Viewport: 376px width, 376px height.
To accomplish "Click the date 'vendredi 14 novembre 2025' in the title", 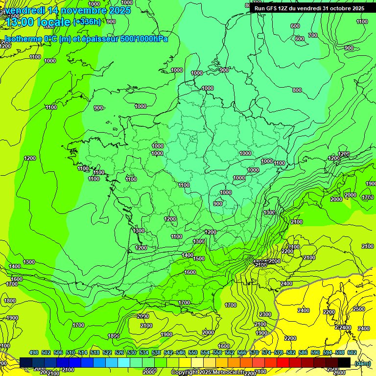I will pyautogui.click(x=69, y=10).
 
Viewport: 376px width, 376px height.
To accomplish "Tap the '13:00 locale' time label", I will pyautogui.click(x=37, y=22).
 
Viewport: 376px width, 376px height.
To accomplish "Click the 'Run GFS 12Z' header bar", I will pyautogui.click(x=309, y=8).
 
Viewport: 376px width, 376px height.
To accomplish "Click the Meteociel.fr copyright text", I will pyautogui.click(x=207, y=372).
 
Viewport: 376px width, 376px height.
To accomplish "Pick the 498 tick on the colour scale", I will pyautogui.click(x=34, y=352).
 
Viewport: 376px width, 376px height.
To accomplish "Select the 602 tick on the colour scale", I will pyautogui.click(x=352, y=352).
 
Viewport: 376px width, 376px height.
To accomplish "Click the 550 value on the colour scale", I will pyautogui.click(x=193, y=352).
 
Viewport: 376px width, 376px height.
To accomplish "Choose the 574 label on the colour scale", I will pyautogui.click(x=266, y=352).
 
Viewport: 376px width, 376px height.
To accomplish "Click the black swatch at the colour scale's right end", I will pyautogui.click(x=344, y=362).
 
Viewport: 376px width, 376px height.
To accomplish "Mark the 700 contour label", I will pyautogui.click(x=313, y=35).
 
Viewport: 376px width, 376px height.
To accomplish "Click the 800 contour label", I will pyautogui.click(x=297, y=90).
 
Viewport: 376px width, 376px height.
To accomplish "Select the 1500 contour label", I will pyautogui.click(x=199, y=258).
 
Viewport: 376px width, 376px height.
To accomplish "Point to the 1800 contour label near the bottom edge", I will pyautogui.click(x=114, y=336).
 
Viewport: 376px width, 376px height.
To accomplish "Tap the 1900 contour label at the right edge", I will pyautogui.click(x=371, y=184).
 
